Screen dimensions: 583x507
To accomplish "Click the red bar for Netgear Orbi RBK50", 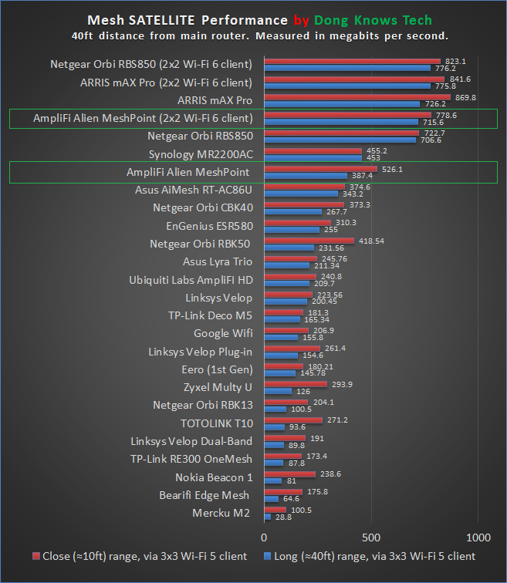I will [309, 241].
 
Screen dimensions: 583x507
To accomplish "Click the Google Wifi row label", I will [221, 333].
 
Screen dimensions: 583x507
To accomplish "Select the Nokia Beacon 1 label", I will [214, 477].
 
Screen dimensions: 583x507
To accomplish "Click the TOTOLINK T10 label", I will [216, 423].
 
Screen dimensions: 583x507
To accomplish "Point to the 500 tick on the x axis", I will [372, 538].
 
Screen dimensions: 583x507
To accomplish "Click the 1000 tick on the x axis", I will [478, 538].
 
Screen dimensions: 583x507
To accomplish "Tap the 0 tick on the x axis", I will [264, 538].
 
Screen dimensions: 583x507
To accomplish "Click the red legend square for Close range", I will [36, 556].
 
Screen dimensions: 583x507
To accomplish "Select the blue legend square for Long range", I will [268, 556].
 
